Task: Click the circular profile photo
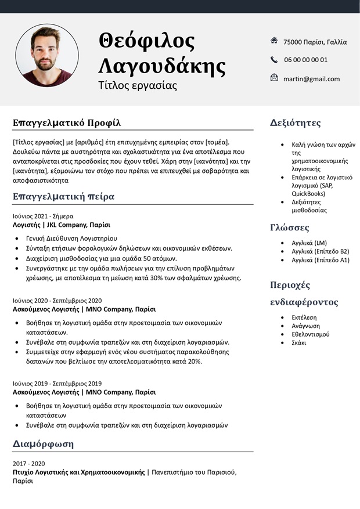(x=47, y=56)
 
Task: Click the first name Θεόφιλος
(x=147, y=41)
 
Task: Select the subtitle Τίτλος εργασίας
(x=138, y=85)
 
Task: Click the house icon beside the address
(x=274, y=41)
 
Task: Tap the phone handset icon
(x=274, y=59)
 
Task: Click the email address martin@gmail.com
(x=311, y=79)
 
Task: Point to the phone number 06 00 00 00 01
(x=305, y=60)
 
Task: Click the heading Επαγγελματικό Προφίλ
(x=67, y=122)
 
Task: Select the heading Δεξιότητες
(x=296, y=122)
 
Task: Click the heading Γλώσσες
(x=290, y=227)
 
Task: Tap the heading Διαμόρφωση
(x=44, y=444)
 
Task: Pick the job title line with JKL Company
(x=62, y=225)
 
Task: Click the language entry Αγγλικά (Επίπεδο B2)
(x=320, y=251)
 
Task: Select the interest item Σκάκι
(x=300, y=342)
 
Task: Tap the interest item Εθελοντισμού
(x=311, y=334)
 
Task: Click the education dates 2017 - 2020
(x=28, y=464)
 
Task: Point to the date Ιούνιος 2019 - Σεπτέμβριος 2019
(x=57, y=383)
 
